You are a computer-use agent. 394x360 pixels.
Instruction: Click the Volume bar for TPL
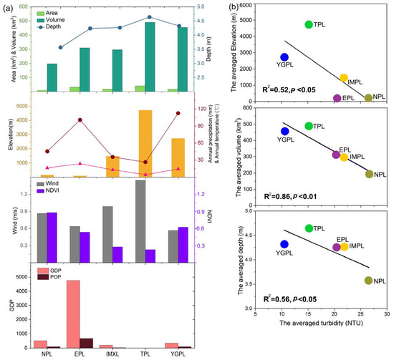pos(150,57)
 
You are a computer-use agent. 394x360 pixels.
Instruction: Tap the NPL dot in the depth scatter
pos(368,281)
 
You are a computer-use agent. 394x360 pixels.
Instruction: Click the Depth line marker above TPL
pos(149,17)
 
